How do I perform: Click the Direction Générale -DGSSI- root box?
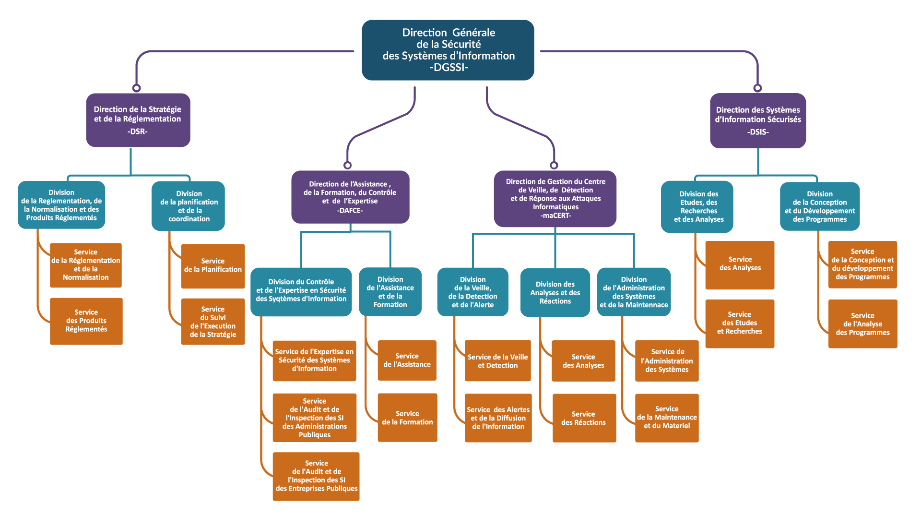(x=448, y=50)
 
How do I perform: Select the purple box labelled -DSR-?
(x=138, y=120)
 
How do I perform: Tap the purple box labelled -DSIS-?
(x=757, y=120)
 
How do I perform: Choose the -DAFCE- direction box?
(x=350, y=197)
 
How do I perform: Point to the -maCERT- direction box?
(x=555, y=198)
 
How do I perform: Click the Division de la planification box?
(x=188, y=205)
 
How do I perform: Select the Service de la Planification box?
(x=213, y=266)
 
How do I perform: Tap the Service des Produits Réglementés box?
(x=86, y=321)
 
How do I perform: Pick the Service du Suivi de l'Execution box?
(x=213, y=322)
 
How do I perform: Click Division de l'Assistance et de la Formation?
(x=390, y=291)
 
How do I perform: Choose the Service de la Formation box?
(x=407, y=418)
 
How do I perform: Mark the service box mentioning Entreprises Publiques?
(x=316, y=476)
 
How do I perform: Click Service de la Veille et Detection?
(x=497, y=361)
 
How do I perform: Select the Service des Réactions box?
(x=584, y=418)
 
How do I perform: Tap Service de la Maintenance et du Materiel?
(x=666, y=418)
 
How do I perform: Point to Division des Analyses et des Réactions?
(x=555, y=292)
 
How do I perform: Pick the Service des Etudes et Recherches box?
(x=739, y=323)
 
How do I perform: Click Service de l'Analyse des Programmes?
(x=862, y=323)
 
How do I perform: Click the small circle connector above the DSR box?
(x=137, y=88)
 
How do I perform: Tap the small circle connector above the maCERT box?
(x=554, y=165)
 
